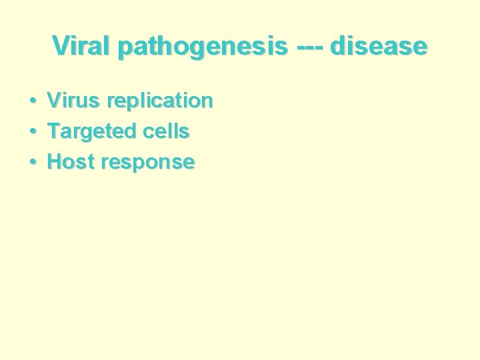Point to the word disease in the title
tap(378, 47)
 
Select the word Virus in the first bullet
tap(74, 101)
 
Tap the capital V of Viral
tap(60, 47)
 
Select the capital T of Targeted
tap(53, 131)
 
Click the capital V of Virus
tap(54, 101)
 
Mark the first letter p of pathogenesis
tap(123, 49)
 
